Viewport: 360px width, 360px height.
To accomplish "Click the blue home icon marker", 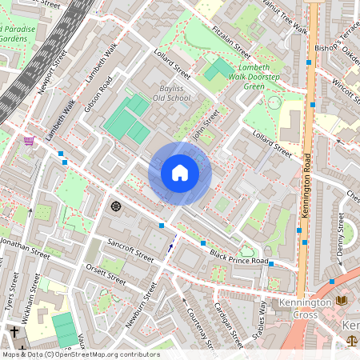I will [x=180, y=173].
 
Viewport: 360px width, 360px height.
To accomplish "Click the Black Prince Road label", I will [x=239, y=256].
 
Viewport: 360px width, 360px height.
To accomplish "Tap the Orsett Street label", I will [x=106, y=275].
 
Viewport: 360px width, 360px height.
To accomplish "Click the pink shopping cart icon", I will [x=29, y=142].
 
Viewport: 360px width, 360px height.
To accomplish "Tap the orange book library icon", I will [x=342, y=300].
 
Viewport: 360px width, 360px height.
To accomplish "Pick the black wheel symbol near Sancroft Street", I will [x=115, y=206].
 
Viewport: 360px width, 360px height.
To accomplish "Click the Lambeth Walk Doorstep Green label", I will [x=254, y=75].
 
